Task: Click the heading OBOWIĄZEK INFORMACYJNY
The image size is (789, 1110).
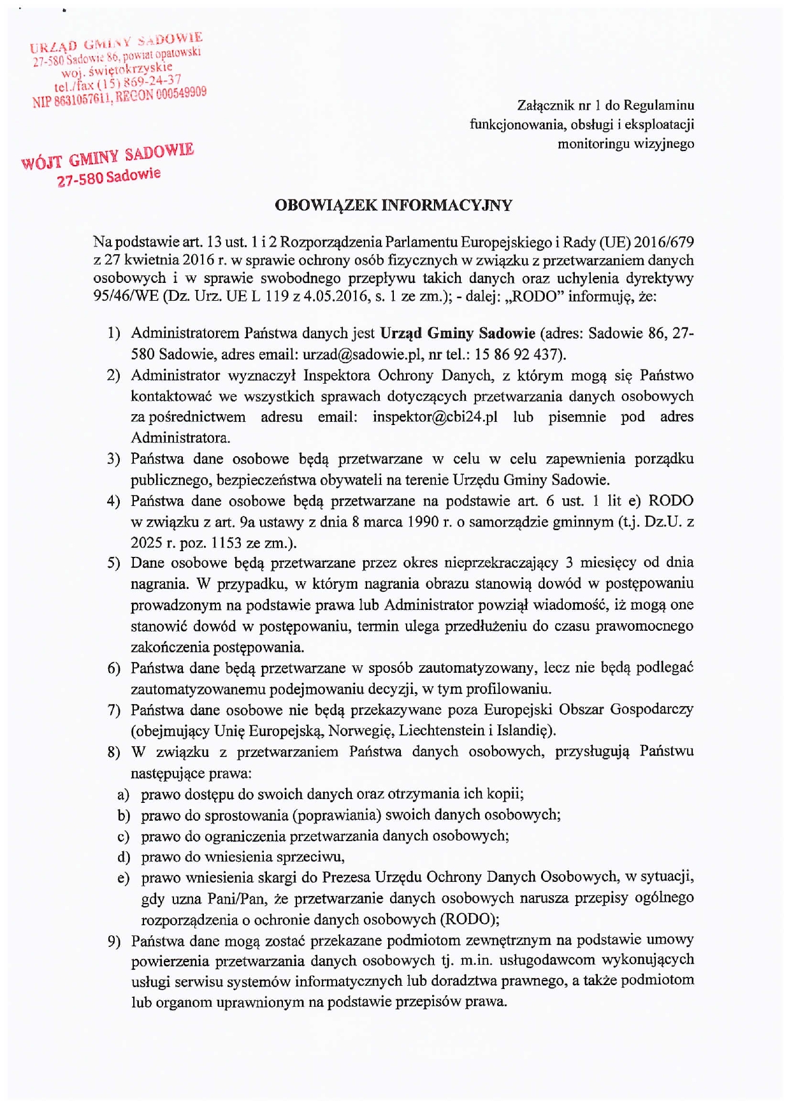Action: (x=393, y=205)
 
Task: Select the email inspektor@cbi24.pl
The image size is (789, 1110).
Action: (x=435, y=417)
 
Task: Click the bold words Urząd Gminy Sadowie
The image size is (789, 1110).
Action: (x=457, y=333)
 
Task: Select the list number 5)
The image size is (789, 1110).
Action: (x=113, y=563)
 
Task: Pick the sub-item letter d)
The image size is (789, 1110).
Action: (x=124, y=857)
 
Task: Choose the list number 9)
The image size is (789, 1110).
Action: (x=113, y=941)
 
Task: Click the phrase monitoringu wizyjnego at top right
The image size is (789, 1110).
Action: (x=625, y=144)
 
